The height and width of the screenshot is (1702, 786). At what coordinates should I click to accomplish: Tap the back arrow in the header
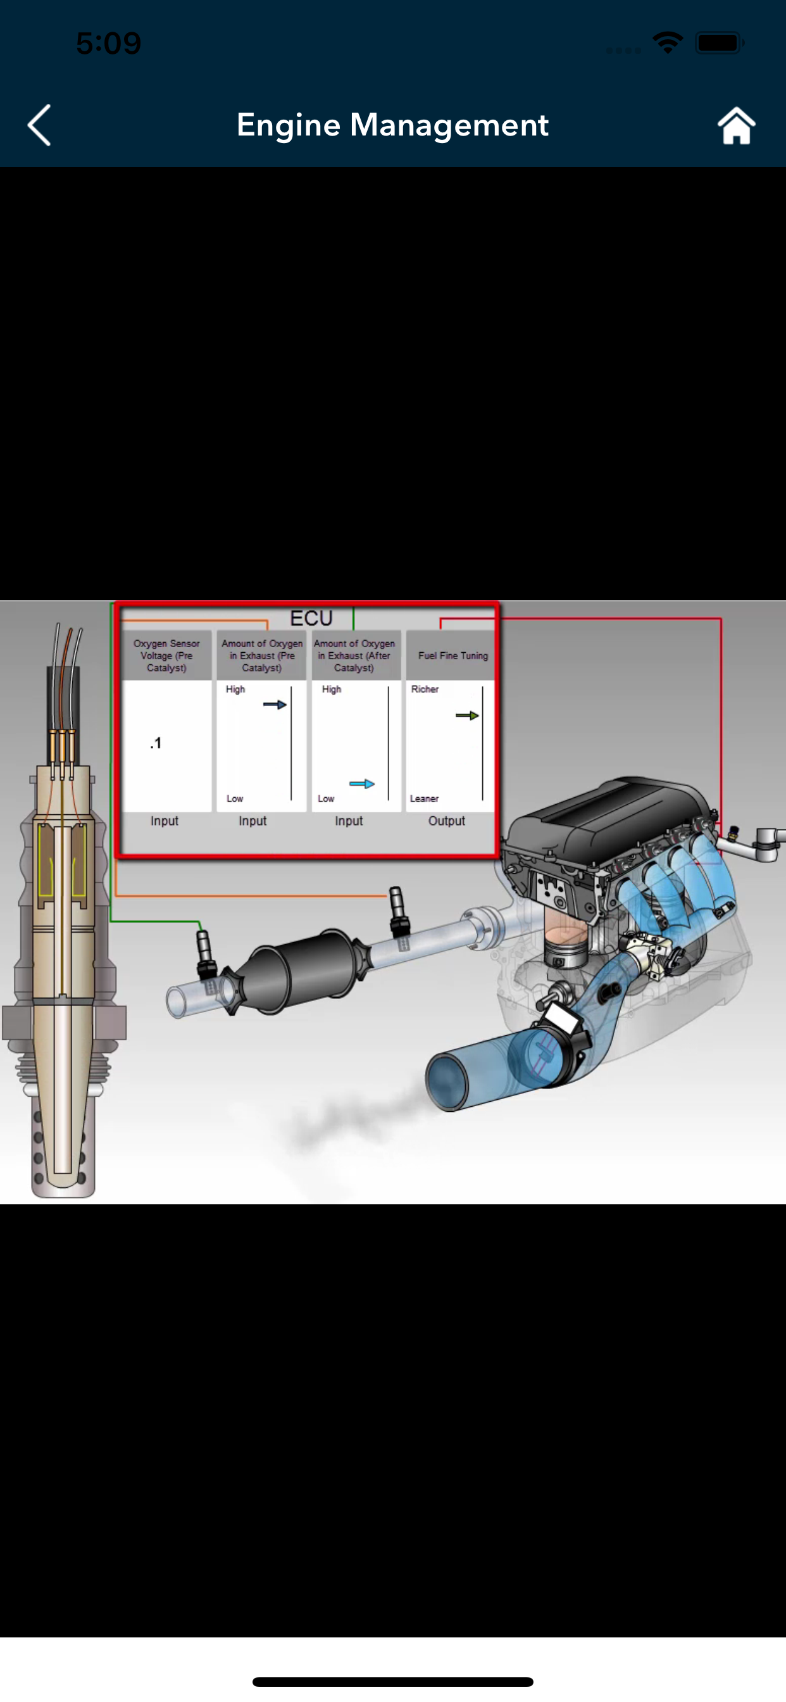point(39,125)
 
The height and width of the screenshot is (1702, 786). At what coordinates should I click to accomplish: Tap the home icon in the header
point(736,125)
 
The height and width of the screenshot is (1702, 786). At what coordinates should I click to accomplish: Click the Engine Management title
point(392,125)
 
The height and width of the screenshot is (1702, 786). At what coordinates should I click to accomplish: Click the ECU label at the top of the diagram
point(311,619)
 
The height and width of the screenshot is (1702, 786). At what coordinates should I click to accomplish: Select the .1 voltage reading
point(156,743)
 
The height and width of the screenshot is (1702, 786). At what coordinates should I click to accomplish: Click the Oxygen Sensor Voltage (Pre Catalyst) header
point(166,655)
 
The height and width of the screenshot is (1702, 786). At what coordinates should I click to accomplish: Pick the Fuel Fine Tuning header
point(453,655)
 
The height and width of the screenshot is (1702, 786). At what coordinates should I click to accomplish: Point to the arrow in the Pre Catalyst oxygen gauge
point(275,704)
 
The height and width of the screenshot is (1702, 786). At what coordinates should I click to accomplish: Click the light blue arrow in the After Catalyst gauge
point(362,784)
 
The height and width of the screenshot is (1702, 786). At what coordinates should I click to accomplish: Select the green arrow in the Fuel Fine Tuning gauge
point(467,715)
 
